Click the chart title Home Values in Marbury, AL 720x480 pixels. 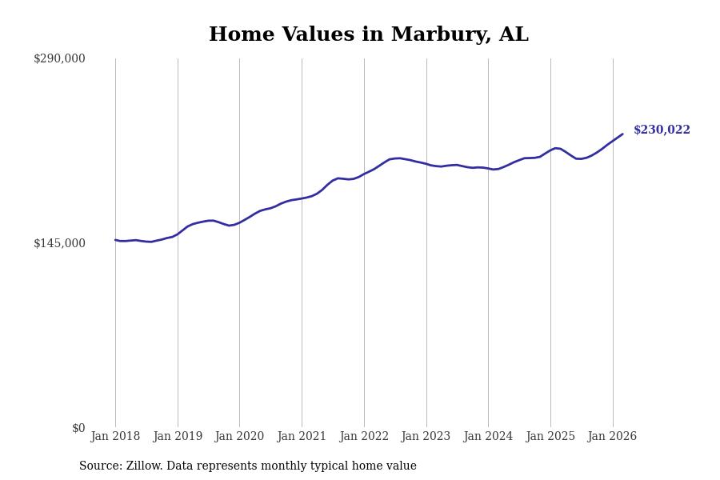click(369, 35)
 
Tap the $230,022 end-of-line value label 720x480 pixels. click(662, 130)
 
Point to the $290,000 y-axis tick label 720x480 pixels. click(59, 58)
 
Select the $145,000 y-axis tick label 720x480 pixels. click(59, 243)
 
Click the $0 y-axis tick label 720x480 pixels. click(78, 428)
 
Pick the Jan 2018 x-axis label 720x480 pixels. click(115, 437)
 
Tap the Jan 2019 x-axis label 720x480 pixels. click(178, 437)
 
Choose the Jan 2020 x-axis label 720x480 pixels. click(239, 437)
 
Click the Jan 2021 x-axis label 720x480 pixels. click(302, 437)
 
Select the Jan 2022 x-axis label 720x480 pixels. click(364, 437)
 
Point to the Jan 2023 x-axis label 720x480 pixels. click(426, 437)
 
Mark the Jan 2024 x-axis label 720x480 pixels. click(488, 437)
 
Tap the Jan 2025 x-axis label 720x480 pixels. click(550, 437)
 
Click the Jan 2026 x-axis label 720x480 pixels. click(613, 437)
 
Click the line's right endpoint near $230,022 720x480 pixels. click(622, 134)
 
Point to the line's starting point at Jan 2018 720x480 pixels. click(115, 239)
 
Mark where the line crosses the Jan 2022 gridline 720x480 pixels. click(364, 174)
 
